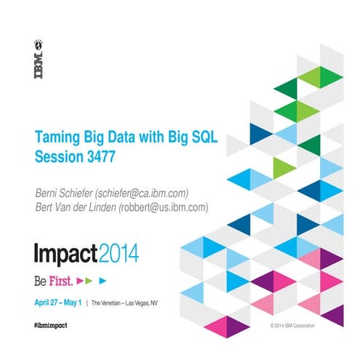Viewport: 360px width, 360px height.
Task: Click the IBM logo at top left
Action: (x=37, y=59)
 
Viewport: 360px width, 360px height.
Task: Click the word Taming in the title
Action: (x=57, y=137)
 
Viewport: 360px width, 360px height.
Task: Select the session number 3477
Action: (x=97, y=156)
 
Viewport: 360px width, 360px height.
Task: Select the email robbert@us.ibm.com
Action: (x=167, y=207)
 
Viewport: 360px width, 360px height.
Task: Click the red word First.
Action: (x=59, y=279)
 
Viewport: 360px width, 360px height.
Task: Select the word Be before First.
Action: (x=41, y=279)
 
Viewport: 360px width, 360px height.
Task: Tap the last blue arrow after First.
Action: (x=103, y=279)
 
